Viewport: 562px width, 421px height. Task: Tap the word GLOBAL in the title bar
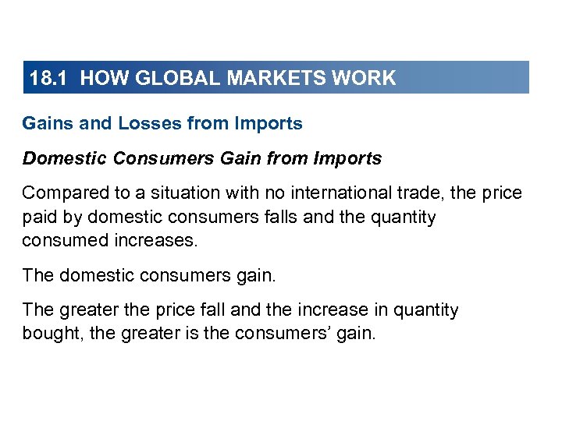[171, 78]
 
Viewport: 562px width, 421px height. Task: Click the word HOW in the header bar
[98, 78]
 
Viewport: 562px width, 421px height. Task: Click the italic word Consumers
[162, 159]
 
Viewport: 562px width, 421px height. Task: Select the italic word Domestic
[65, 159]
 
